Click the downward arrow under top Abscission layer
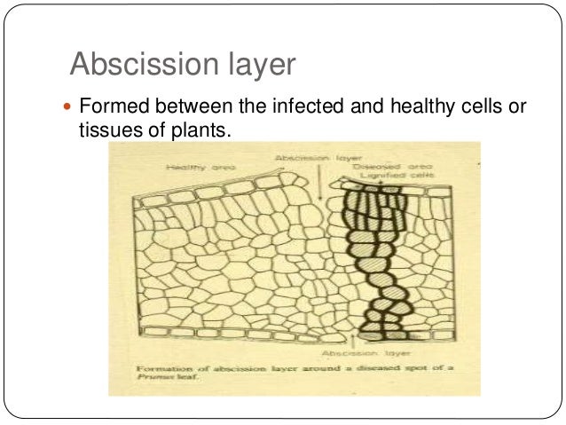pos(318,183)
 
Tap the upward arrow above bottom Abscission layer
pos(356,336)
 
